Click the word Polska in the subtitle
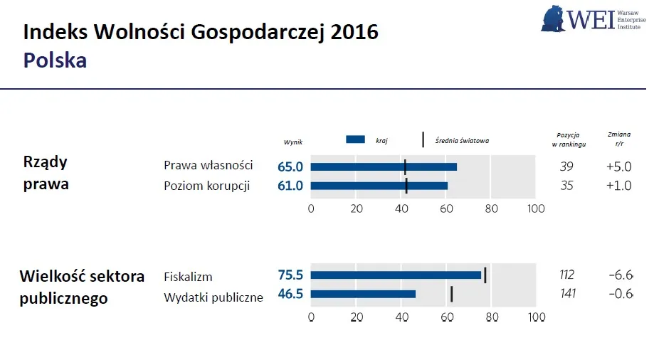[55, 60]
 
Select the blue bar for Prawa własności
[384, 166]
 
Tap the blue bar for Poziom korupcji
[379, 186]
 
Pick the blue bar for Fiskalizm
[396, 275]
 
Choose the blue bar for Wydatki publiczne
[363, 294]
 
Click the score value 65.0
[290, 166]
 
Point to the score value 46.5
[290, 295]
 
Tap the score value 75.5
[290, 275]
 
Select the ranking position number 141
[567, 295]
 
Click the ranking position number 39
[567, 166]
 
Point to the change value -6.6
[621, 275]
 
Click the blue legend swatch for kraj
[355, 140]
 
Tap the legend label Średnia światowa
[462, 141]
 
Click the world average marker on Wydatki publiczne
[451, 294]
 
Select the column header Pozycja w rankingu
[568, 139]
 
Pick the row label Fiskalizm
[188, 277]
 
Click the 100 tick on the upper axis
[535, 209]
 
